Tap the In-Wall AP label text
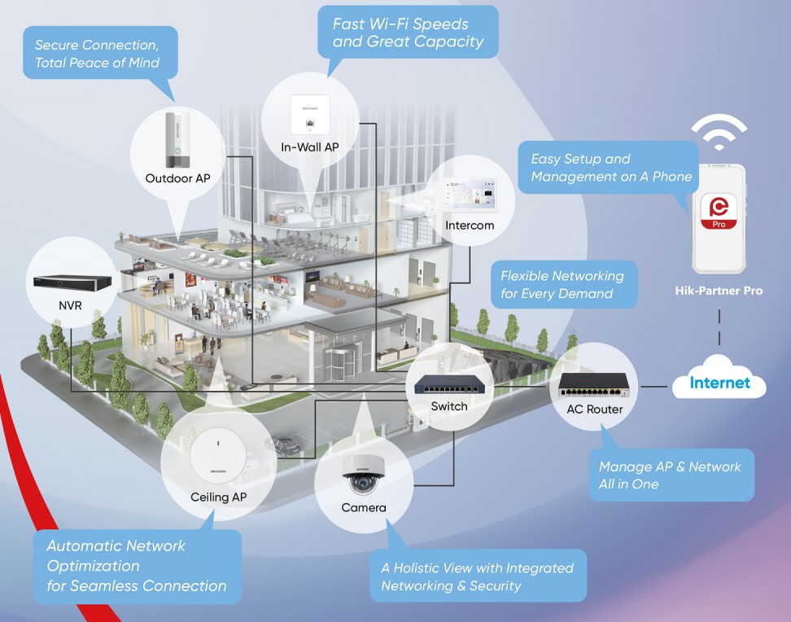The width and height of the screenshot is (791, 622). click(310, 147)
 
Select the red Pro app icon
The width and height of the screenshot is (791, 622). click(719, 212)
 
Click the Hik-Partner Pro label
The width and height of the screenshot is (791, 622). click(719, 291)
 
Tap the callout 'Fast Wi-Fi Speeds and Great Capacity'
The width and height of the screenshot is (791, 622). click(407, 33)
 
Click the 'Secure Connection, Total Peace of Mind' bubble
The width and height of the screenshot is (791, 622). click(97, 54)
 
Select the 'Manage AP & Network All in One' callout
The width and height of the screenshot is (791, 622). click(670, 475)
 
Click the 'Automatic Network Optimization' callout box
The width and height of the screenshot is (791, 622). click(137, 566)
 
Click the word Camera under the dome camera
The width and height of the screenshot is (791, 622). click(363, 508)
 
